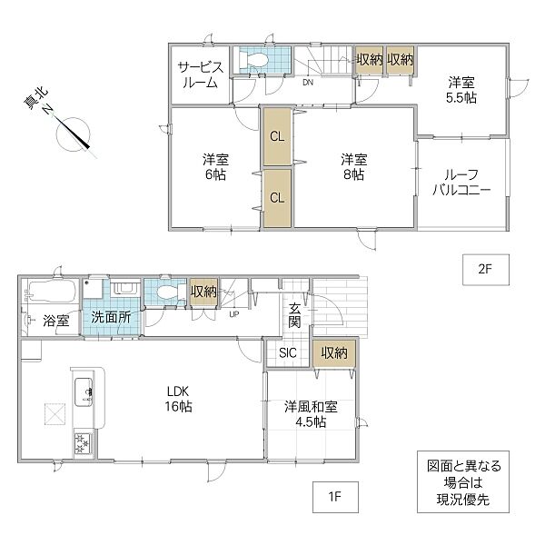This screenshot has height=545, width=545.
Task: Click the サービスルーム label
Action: coord(201,74)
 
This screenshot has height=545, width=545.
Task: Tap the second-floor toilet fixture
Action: coord(254,60)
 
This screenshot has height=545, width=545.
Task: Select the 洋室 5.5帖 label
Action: coord(461,90)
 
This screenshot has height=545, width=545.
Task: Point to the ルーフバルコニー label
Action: coord(461,183)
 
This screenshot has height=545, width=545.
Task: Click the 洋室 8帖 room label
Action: coord(354,167)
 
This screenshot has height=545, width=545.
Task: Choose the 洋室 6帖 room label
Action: coord(215,167)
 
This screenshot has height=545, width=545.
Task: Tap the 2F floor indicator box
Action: coord(486,270)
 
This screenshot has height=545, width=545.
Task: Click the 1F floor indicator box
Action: coord(335,497)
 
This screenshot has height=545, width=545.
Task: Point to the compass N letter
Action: coord(47,110)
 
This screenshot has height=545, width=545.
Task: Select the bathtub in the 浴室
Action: coord(53,292)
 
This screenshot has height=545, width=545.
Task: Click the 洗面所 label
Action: coord(111,317)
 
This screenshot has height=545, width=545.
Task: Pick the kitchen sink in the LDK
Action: coord(84,391)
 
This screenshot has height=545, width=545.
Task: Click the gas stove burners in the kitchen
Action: coord(83,443)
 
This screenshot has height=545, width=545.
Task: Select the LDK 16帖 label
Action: coord(178,399)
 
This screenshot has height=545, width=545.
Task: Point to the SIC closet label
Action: coord(287,352)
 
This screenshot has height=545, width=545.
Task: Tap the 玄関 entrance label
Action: coord(294,315)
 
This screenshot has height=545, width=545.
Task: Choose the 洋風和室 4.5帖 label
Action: coord(311,414)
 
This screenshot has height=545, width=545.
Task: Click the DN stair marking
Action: coord(308,83)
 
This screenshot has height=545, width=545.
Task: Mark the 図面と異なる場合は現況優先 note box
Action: coord(463,481)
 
